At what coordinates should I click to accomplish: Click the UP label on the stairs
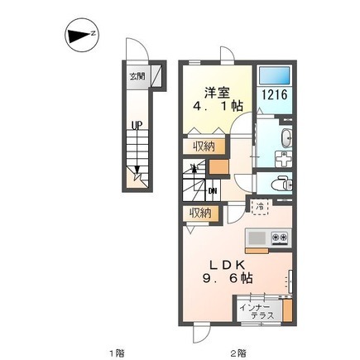click(x=137, y=126)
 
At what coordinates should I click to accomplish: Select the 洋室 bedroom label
click(x=217, y=93)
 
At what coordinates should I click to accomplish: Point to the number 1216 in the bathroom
click(x=275, y=95)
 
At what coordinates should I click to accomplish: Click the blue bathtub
click(x=275, y=74)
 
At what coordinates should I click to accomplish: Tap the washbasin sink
click(x=286, y=139)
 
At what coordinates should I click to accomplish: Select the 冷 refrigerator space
click(x=260, y=207)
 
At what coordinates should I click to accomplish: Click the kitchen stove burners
click(x=280, y=237)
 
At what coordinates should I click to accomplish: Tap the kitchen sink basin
click(x=257, y=237)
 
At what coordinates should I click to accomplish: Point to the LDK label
click(x=227, y=265)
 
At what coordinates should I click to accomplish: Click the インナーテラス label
click(x=257, y=311)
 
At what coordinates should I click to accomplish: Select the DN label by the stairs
click(x=213, y=190)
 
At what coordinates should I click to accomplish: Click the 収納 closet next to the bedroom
click(x=204, y=146)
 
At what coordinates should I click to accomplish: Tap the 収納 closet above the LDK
click(x=200, y=214)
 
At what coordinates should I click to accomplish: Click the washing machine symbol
click(x=283, y=159)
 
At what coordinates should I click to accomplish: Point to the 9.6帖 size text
click(x=228, y=278)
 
